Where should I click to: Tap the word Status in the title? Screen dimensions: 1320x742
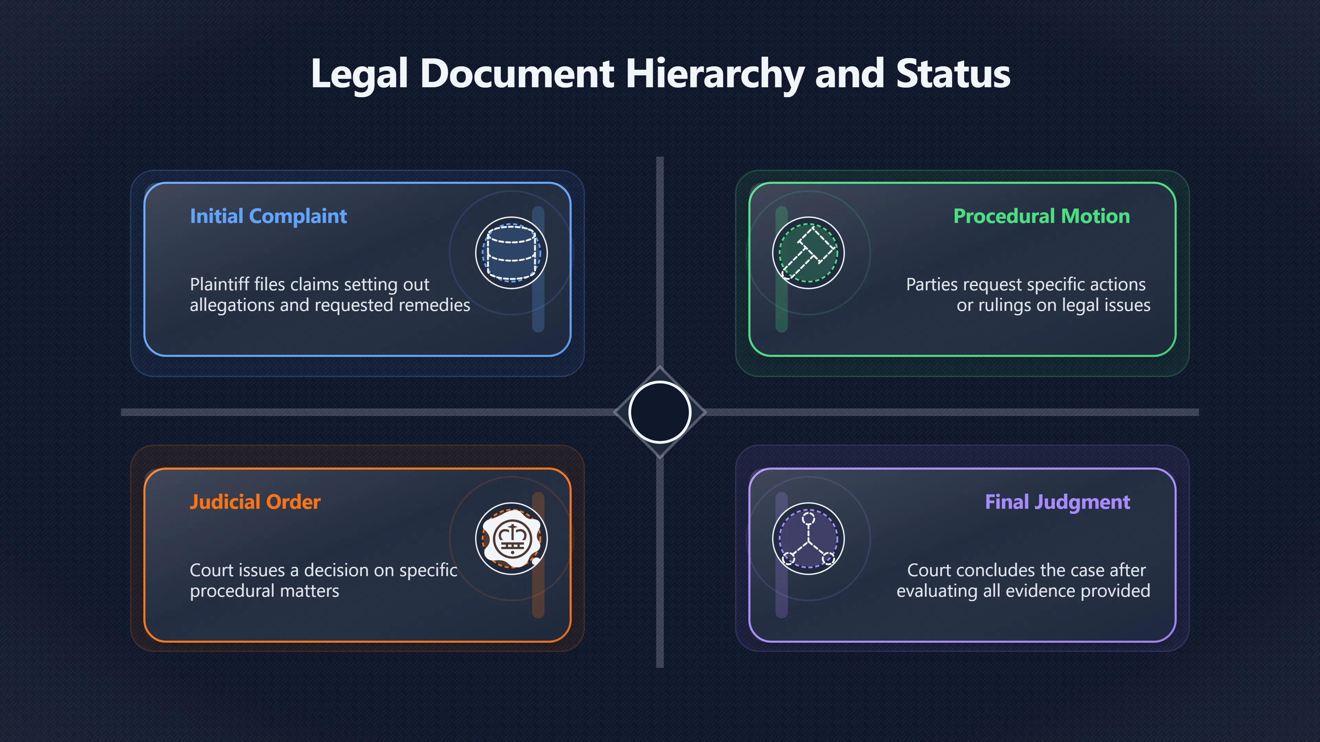click(x=953, y=74)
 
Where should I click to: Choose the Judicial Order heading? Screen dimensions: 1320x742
click(x=255, y=502)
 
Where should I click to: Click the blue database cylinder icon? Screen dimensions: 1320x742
click(x=511, y=253)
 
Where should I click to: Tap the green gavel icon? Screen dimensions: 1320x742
click(x=808, y=253)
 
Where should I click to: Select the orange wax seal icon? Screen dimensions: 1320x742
click(x=511, y=539)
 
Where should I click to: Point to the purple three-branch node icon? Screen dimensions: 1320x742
click(x=808, y=539)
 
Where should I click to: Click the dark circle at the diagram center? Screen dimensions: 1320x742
click(x=660, y=412)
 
